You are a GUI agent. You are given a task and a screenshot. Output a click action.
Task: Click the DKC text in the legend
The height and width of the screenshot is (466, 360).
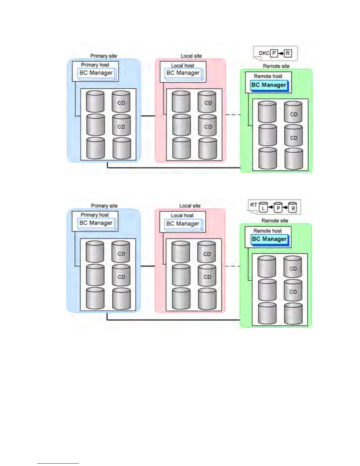[264, 53]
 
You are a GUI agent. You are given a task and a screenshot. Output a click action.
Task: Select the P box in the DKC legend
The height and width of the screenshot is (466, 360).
[274, 53]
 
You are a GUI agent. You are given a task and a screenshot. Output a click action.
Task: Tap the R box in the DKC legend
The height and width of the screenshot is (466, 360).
[288, 53]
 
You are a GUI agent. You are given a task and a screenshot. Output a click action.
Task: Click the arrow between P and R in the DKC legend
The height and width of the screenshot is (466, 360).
[281, 53]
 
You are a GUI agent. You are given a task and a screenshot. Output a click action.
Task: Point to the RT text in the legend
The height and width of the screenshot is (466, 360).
[254, 205]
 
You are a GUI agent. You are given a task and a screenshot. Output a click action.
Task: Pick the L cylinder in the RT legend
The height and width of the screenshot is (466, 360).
[263, 207]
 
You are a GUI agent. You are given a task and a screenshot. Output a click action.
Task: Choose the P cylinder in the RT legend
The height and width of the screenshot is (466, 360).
[278, 207]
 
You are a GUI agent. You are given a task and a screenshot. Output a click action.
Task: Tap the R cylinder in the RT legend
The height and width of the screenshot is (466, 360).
[293, 207]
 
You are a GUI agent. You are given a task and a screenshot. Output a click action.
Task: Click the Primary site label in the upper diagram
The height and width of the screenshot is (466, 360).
[104, 56]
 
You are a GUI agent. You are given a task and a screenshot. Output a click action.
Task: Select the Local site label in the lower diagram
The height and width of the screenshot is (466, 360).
[190, 206]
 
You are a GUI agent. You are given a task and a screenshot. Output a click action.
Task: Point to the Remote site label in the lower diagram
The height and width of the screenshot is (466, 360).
[275, 221]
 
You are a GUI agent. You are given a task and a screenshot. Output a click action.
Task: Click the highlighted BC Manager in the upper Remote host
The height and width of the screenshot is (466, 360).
[269, 85]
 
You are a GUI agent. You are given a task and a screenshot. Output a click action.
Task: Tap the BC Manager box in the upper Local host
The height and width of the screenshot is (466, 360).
[183, 73]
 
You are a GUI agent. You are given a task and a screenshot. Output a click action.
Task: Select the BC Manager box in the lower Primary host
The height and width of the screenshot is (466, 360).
[96, 223]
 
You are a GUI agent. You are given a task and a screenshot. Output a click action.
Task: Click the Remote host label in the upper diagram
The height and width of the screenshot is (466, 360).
[268, 76]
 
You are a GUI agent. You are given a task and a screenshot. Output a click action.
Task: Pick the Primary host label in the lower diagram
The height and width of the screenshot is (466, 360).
[95, 215]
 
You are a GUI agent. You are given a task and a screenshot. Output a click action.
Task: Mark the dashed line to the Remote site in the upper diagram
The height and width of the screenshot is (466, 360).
[233, 114]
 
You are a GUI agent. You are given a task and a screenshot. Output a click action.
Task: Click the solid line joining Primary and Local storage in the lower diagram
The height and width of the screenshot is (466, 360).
[148, 266]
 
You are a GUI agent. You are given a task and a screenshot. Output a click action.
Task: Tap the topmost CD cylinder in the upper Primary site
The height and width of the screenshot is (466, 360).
[121, 102]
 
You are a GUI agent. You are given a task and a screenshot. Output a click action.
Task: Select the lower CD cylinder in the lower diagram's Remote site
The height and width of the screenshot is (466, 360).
[293, 291]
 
